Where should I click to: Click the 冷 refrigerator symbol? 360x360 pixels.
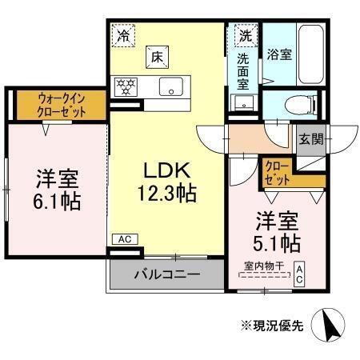coord(124,34)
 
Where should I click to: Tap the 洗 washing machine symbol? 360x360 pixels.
coord(245,35)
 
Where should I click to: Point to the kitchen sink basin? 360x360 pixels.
coord(170,86)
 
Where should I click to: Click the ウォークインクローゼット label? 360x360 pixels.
coord(61,106)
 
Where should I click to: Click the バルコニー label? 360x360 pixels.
coord(166,274)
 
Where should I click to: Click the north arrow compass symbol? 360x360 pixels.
coord(330,326)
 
